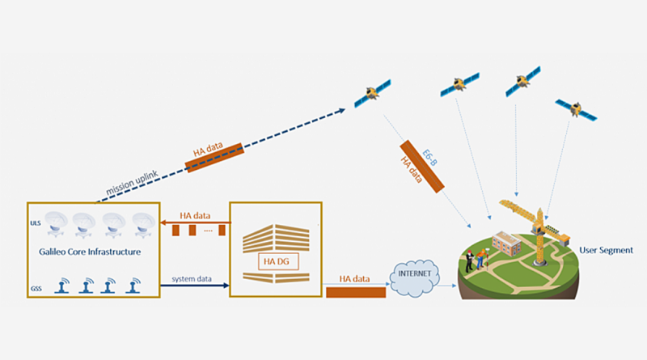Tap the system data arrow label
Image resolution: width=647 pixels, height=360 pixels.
pyautogui.click(x=192, y=279)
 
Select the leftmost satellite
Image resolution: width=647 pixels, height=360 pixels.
pyautogui.click(x=373, y=95)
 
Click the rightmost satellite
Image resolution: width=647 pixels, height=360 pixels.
pyautogui.click(x=576, y=109)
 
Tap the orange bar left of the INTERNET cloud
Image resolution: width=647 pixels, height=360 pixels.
pyautogui.click(x=355, y=291)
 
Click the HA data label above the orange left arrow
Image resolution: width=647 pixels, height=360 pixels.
pyautogui.click(x=195, y=216)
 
